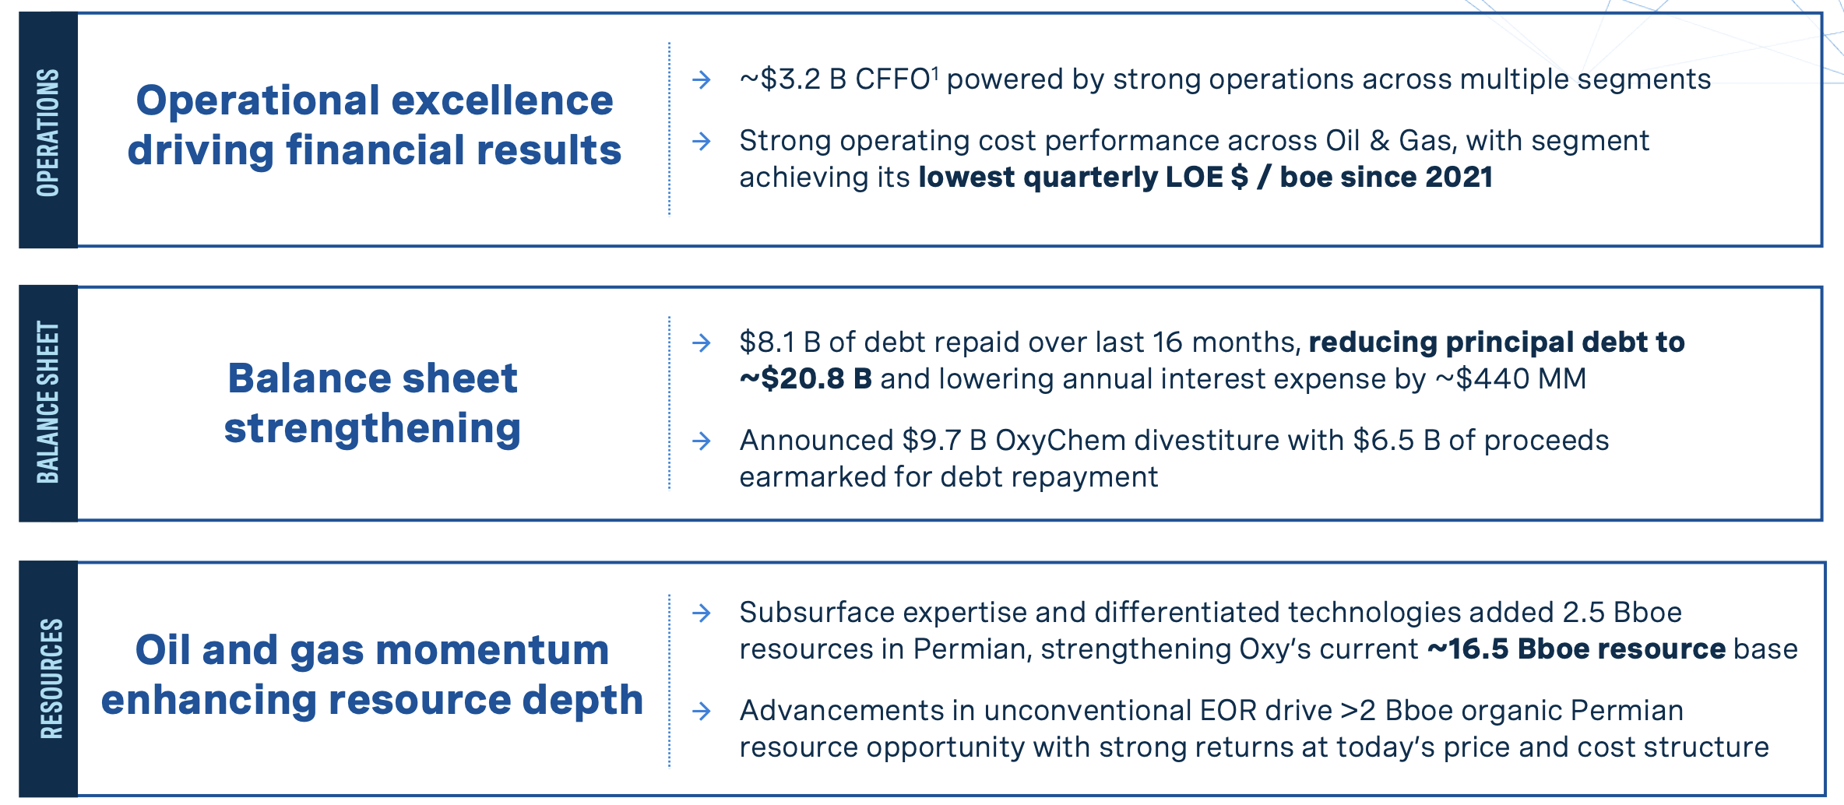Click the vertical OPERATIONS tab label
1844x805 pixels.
coord(48,132)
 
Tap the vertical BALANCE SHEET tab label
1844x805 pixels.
coord(48,402)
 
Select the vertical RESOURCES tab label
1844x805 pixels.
coord(51,678)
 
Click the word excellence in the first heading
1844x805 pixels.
coord(502,100)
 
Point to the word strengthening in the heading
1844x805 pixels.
coord(372,428)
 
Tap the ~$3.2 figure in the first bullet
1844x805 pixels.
coord(780,79)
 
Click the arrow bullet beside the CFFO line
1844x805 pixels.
coord(702,79)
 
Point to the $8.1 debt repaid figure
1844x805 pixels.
coord(767,343)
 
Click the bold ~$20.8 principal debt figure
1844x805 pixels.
coord(793,379)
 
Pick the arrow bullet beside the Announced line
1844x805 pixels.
coord(702,441)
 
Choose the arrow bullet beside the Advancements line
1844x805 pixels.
coord(702,711)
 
